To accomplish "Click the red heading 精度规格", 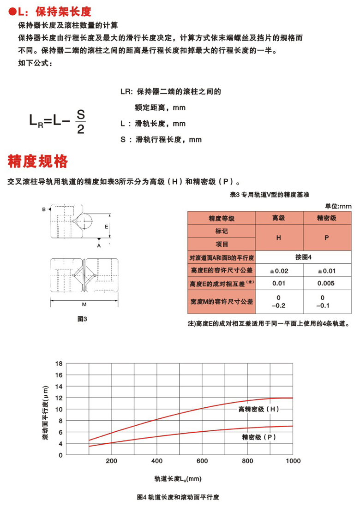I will point(38,161).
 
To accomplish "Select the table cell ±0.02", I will point(278,270).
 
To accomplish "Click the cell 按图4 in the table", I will point(302,257).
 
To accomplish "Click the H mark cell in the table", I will point(278,238).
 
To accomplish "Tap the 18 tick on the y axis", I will point(58,363).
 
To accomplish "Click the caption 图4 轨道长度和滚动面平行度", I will point(178,498).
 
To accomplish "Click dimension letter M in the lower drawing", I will point(84,304).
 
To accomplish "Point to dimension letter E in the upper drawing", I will point(106,227).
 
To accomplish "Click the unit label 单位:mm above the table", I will point(338,206).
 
